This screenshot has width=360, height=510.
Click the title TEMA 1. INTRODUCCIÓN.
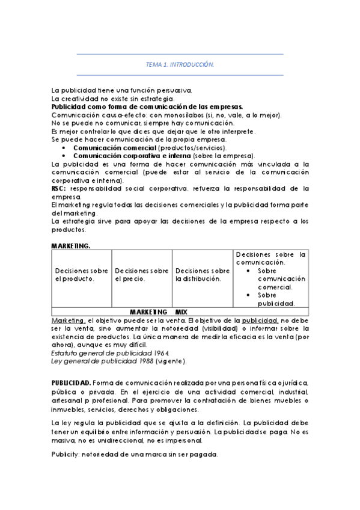pos(180,64)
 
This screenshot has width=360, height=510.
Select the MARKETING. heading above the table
pos(71,246)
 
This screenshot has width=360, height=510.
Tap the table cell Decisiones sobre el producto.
pos(82,275)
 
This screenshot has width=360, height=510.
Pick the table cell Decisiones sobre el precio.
pos(141,275)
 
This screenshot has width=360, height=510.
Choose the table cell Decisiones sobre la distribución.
pos(203,275)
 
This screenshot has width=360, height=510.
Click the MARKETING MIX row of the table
pos(159,312)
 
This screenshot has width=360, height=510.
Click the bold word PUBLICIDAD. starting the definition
pos(72,382)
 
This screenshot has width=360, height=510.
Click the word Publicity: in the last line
pos(68,454)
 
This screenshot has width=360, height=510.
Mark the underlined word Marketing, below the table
pos(68,321)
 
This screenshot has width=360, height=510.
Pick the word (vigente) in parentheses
pos(170,361)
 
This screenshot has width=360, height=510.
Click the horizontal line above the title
pos(180,54)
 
